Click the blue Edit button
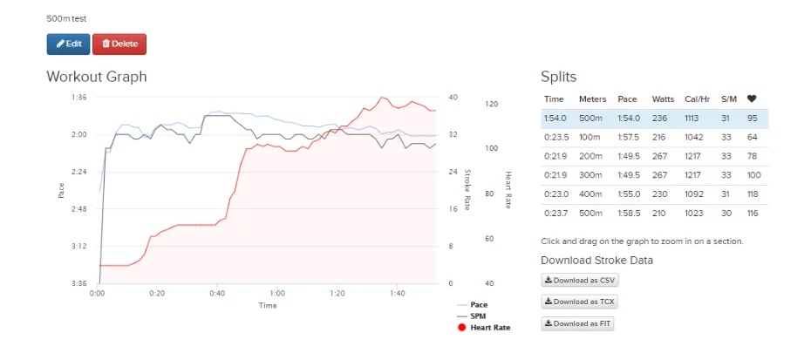[x=68, y=44]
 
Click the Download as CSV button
[x=580, y=280]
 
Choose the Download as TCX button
[x=580, y=302]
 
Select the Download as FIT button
[x=579, y=323]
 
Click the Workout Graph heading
[x=96, y=77]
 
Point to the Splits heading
[x=558, y=77]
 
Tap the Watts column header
[x=663, y=99]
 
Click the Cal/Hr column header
[x=698, y=99]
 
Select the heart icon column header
[x=752, y=99]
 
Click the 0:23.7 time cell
[x=555, y=213]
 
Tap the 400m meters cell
[x=590, y=194]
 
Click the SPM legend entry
[x=478, y=316]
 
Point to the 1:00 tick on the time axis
[x=276, y=294]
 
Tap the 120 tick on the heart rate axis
[x=491, y=105]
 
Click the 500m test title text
[x=66, y=18]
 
